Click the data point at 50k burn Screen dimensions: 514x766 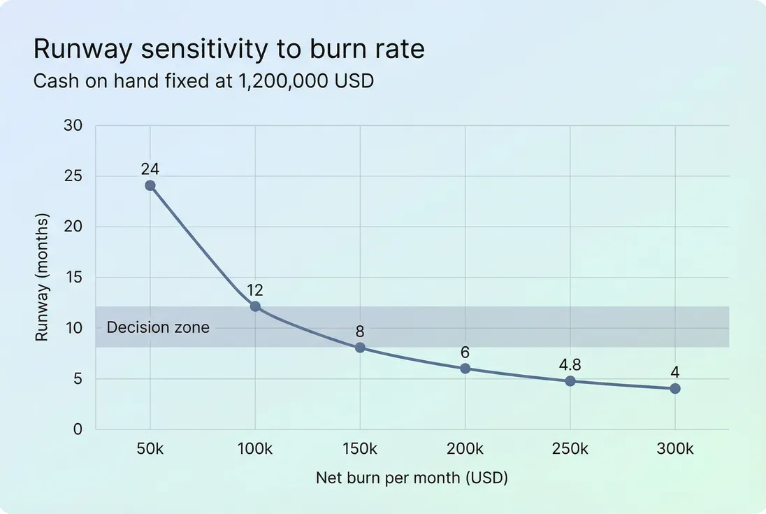150,185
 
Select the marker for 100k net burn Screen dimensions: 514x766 255,306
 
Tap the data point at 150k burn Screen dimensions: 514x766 360,348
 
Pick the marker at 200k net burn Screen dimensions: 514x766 465,369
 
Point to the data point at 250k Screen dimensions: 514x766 570,381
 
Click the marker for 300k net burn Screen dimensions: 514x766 675,388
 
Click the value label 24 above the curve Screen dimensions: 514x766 150,169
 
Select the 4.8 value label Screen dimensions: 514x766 570,364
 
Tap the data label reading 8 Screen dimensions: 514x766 360,331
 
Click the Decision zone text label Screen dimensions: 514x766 158,327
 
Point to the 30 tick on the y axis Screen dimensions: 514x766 73,126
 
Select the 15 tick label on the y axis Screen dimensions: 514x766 73,278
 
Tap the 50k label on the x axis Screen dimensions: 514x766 150,449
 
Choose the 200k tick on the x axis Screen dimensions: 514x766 465,449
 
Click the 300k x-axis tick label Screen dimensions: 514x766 675,449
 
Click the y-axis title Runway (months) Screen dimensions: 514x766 43,278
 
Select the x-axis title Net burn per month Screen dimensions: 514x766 412,478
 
